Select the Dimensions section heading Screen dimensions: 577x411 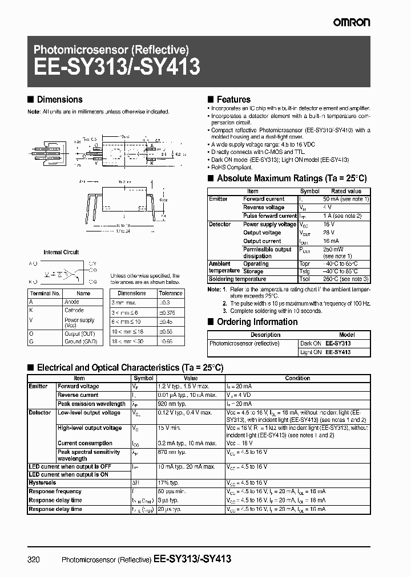coord(59,100)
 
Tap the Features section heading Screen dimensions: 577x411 coord(233,100)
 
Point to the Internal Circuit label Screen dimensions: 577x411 coord(62,252)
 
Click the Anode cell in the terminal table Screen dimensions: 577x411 coord(71,302)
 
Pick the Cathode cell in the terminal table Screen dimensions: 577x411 coord(74,310)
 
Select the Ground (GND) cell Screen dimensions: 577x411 coord(80,341)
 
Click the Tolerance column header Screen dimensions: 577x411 coord(171,293)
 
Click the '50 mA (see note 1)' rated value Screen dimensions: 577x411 coord(346,199)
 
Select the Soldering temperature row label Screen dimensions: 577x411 coord(237,279)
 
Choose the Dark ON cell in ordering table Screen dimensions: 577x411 coord(311,344)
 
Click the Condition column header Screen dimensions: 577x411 coord(297,378)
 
